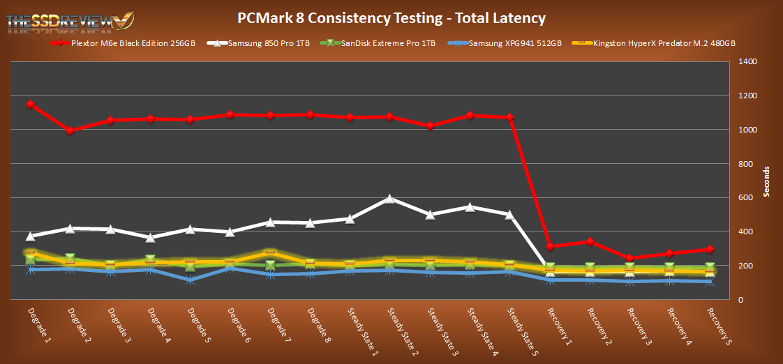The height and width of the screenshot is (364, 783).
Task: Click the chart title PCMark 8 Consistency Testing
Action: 391,18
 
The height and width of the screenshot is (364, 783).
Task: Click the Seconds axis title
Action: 766,181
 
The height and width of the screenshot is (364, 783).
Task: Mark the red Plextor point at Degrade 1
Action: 30,105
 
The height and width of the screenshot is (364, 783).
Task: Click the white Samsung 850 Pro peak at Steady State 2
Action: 389,199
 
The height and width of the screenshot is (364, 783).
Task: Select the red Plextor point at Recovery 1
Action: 550,246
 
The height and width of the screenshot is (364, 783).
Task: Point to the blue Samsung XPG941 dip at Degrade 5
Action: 190,280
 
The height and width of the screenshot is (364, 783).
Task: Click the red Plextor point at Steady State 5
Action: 509,117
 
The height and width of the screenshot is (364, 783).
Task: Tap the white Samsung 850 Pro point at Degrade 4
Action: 150,238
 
